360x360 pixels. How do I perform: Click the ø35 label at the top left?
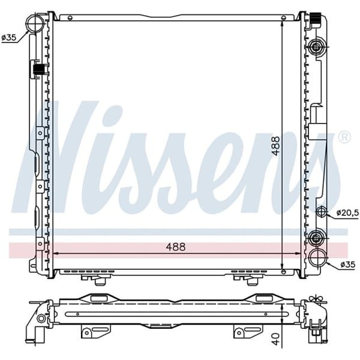pyautogui.click(x=9, y=38)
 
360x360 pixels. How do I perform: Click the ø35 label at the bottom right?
pyautogui.click(x=349, y=263)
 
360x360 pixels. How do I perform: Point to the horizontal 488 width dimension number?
pyautogui.click(x=176, y=247)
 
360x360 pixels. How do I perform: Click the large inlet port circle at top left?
pyautogui.click(x=35, y=25)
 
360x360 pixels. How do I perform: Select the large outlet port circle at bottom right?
pyautogui.click(x=317, y=259)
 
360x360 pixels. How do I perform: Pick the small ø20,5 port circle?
pyautogui.click(x=322, y=212)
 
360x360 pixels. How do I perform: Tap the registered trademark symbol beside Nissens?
pyautogui.click(x=344, y=137)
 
